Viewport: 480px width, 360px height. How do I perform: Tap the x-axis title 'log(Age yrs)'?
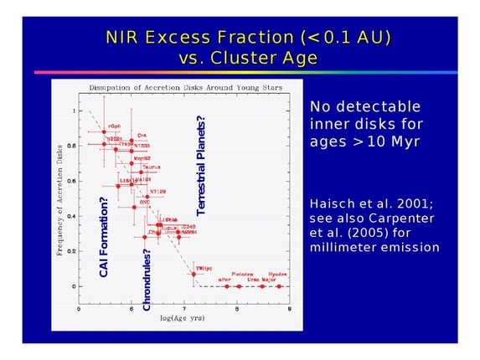tap(183, 319)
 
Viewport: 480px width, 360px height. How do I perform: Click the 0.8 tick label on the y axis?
tap(73, 146)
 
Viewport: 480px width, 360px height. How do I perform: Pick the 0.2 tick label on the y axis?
tap(73, 251)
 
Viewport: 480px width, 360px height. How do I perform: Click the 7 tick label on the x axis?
tap(184, 309)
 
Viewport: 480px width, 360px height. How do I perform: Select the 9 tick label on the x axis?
tap(289, 309)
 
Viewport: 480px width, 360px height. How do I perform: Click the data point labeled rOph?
tap(104, 131)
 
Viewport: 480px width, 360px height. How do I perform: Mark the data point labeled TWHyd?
tap(194, 274)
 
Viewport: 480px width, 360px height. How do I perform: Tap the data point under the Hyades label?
tap(280, 286)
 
